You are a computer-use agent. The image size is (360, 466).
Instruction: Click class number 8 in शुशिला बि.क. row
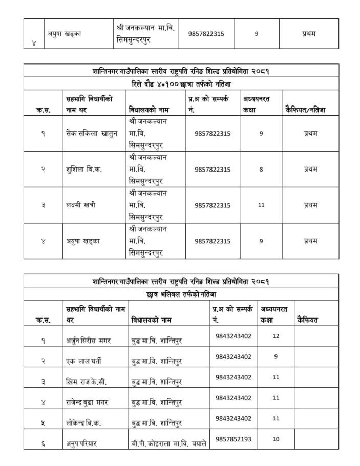click(261, 170)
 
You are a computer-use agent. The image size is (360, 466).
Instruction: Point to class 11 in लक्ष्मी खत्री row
click(261, 205)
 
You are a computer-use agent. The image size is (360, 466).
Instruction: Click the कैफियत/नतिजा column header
click(304, 109)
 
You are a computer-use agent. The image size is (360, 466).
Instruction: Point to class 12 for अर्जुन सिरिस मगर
click(276, 336)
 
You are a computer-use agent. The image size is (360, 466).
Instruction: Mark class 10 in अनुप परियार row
click(276, 439)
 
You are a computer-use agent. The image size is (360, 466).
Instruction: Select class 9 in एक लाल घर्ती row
click(276, 357)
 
